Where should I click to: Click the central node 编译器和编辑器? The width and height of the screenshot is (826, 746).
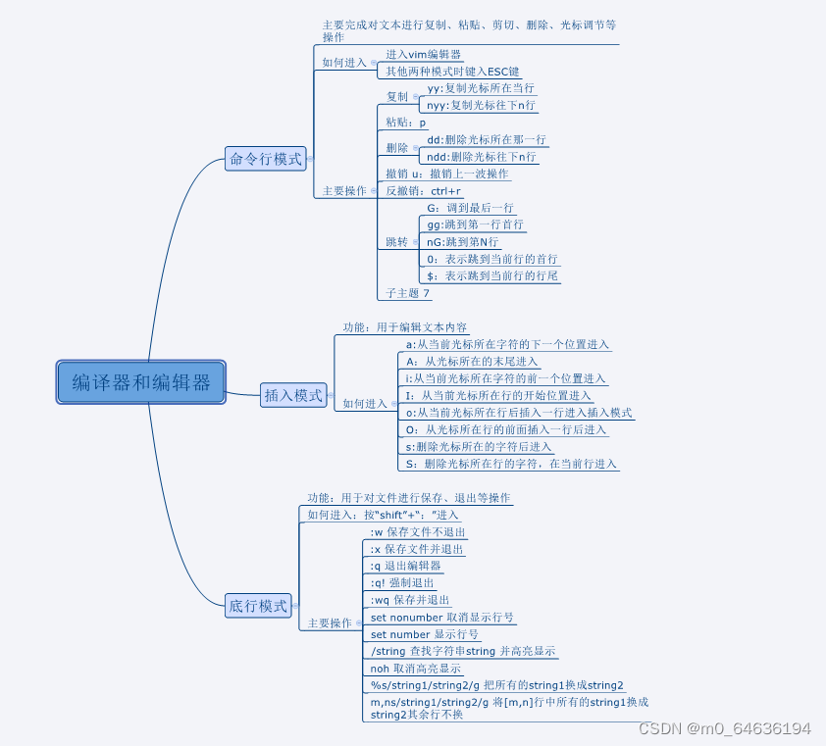pyautogui.click(x=141, y=382)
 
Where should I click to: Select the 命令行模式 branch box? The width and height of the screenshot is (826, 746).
pyautogui.click(x=266, y=158)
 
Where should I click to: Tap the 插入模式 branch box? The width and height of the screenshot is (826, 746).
pyautogui.click(x=293, y=395)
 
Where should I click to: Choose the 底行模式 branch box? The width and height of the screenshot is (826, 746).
pyautogui.click(x=258, y=606)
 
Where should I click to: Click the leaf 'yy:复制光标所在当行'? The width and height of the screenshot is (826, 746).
pyautogui.click(x=481, y=88)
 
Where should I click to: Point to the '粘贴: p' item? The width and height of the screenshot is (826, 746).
pyautogui.click(x=406, y=123)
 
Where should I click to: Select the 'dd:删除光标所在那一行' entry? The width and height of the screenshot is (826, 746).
pyautogui.click(x=486, y=140)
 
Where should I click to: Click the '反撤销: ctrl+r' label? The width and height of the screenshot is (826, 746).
pyautogui.click(x=423, y=191)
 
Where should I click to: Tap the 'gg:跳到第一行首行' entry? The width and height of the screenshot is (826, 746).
pyautogui.click(x=475, y=224)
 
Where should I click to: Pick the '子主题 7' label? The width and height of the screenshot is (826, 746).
pyautogui.click(x=407, y=292)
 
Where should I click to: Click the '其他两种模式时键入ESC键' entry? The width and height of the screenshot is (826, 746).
pyautogui.click(x=452, y=72)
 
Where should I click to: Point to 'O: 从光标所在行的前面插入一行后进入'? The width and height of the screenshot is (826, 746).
pyautogui.click(x=506, y=429)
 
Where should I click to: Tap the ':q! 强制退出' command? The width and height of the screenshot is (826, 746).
pyautogui.click(x=401, y=582)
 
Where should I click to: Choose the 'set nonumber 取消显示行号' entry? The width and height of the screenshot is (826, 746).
pyautogui.click(x=441, y=618)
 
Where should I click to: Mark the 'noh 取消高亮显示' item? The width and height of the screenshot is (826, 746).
pyautogui.click(x=415, y=668)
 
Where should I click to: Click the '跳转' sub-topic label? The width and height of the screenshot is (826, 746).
pyautogui.click(x=396, y=241)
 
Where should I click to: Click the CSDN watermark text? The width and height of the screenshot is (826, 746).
pyautogui.click(x=724, y=729)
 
